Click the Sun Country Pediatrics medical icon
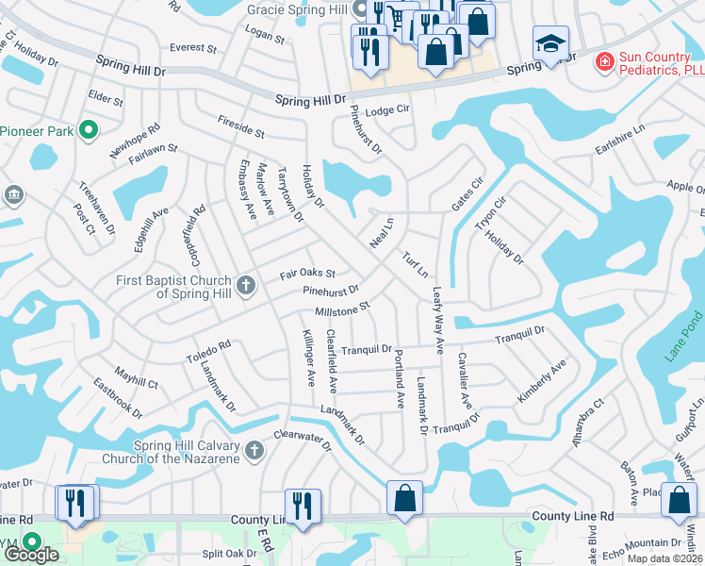pos(603,62)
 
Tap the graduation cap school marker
pos(550,43)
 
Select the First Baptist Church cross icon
pos(245,284)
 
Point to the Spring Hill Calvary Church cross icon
pos(253,452)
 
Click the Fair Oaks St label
pos(307,275)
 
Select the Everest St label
pos(193,47)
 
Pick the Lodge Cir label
pos(388,110)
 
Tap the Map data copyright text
pos(665,558)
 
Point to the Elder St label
pos(105,97)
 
